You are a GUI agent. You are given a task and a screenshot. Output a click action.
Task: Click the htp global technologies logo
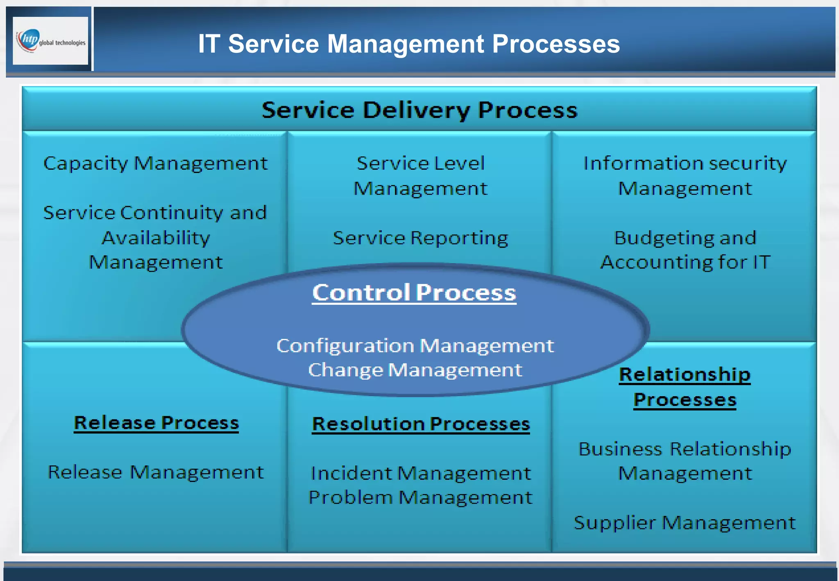(50, 40)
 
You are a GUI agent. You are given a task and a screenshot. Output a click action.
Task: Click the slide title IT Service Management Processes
(409, 43)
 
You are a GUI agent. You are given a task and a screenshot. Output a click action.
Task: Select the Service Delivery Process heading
(419, 110)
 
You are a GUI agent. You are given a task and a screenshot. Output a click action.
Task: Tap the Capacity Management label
(155, 163)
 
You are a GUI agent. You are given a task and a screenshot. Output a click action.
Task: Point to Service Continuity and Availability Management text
(155, 237)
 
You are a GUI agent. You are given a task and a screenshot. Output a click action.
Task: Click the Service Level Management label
(420, 175)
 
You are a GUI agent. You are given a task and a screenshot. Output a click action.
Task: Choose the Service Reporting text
(420, 238)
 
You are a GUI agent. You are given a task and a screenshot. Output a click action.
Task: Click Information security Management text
(685, 175)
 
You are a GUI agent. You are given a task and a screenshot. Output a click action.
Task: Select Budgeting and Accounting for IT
(685, 250)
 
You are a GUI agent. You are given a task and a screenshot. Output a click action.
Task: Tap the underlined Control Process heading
(414, 293)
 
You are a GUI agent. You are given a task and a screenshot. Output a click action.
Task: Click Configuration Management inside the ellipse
(415, 345)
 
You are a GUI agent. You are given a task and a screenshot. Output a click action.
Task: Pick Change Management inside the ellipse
(415, 370)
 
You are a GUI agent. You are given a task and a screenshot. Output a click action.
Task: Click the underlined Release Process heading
(156, 422)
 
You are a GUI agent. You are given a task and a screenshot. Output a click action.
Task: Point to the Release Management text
(156, 472)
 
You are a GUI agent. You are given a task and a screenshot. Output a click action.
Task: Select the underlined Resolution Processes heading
(421, 424)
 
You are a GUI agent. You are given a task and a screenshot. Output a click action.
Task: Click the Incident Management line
(421, 473)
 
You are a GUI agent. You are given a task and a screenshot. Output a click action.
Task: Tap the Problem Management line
(421, 497)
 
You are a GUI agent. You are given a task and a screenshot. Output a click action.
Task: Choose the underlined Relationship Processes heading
(685, 387)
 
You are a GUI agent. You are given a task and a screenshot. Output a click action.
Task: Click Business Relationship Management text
(685, 461)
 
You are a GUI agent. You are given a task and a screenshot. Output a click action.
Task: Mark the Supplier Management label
(685, 522)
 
